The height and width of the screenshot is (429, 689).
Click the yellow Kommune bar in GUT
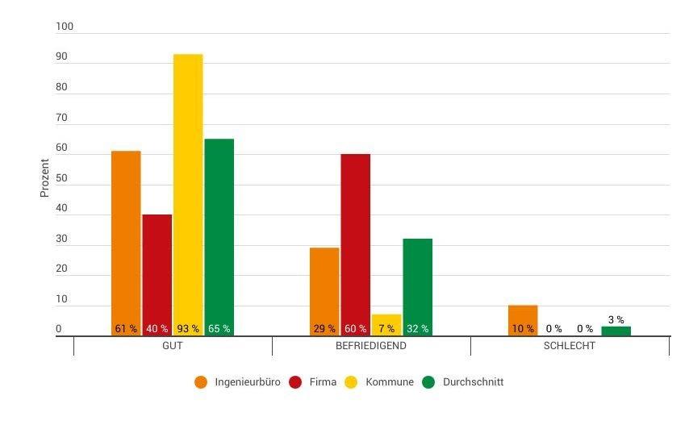(x=188, y=194)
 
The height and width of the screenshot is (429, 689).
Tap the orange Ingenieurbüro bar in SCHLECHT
(x=523, y=319)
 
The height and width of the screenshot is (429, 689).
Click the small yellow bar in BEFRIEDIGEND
(x=386, y=322)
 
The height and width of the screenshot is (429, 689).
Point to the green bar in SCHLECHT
(x=616, y=331)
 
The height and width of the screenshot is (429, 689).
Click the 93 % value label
(x=188, y=329)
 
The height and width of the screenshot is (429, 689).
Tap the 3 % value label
(x=616, y=320)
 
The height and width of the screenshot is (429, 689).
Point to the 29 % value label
(x=324, y=329)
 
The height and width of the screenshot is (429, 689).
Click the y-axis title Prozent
(x=45, y=179)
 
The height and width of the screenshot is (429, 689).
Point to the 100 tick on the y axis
(x=65, y=27)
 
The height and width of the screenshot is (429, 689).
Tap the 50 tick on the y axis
(x=62, y=179)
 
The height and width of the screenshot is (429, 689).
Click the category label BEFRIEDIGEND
(x=371, y=346)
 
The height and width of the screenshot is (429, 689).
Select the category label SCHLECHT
(x=570, y=346)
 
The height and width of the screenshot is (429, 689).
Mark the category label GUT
(x=173, y=346)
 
